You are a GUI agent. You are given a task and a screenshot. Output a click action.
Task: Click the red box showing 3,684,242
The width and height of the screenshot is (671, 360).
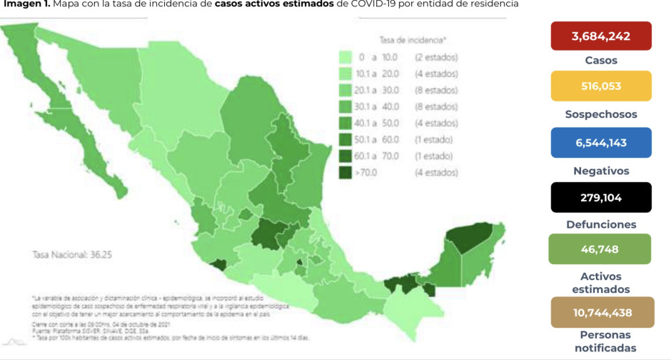[600, 36]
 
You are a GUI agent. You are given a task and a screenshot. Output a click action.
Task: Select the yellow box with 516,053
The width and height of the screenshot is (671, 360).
[600, 86]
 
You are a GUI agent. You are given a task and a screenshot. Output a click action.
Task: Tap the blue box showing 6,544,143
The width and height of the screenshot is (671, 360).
[600, 142]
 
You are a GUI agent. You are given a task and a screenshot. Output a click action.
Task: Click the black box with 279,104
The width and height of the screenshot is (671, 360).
[600, 197]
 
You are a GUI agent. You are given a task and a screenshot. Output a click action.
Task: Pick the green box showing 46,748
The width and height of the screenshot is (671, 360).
[600, 249]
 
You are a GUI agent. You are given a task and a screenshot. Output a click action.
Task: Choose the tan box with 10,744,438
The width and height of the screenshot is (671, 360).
[600, 312]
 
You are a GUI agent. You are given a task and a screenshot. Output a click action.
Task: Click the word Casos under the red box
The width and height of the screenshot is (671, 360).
[600, 61]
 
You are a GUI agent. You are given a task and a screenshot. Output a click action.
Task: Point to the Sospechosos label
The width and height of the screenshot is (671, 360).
[600, 114]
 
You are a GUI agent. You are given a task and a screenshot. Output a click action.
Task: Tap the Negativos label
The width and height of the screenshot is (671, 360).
[600, 171]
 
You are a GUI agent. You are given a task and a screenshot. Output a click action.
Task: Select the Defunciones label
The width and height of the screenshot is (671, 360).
[600, 224]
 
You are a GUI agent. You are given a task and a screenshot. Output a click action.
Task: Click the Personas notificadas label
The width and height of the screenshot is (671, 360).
[600, 341]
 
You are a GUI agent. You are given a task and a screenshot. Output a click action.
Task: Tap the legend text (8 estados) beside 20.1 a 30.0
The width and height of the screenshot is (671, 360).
[435, 90]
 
